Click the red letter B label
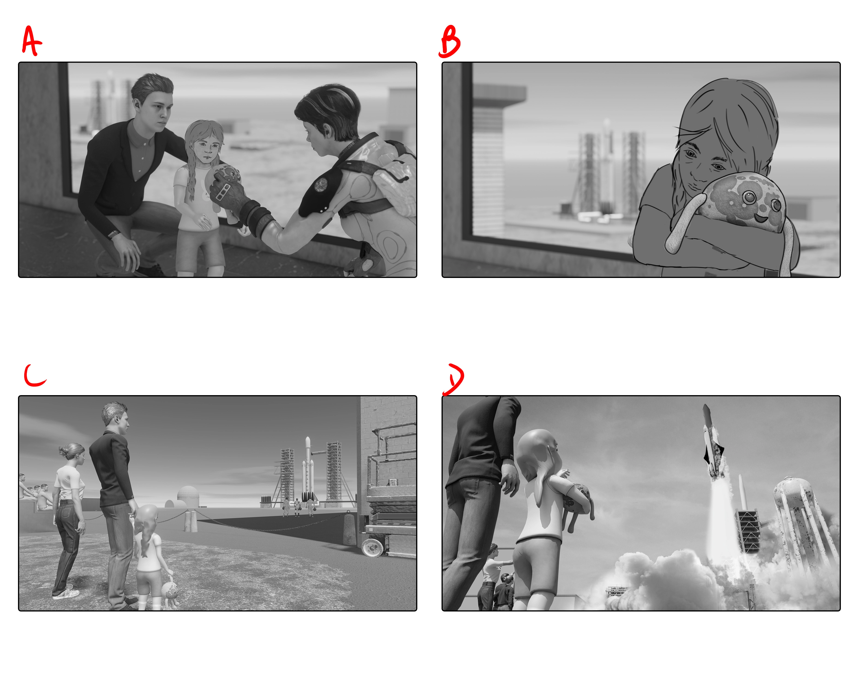coord(450,42)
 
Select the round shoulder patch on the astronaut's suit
coord(321,184)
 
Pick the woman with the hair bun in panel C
coord(69,518)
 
